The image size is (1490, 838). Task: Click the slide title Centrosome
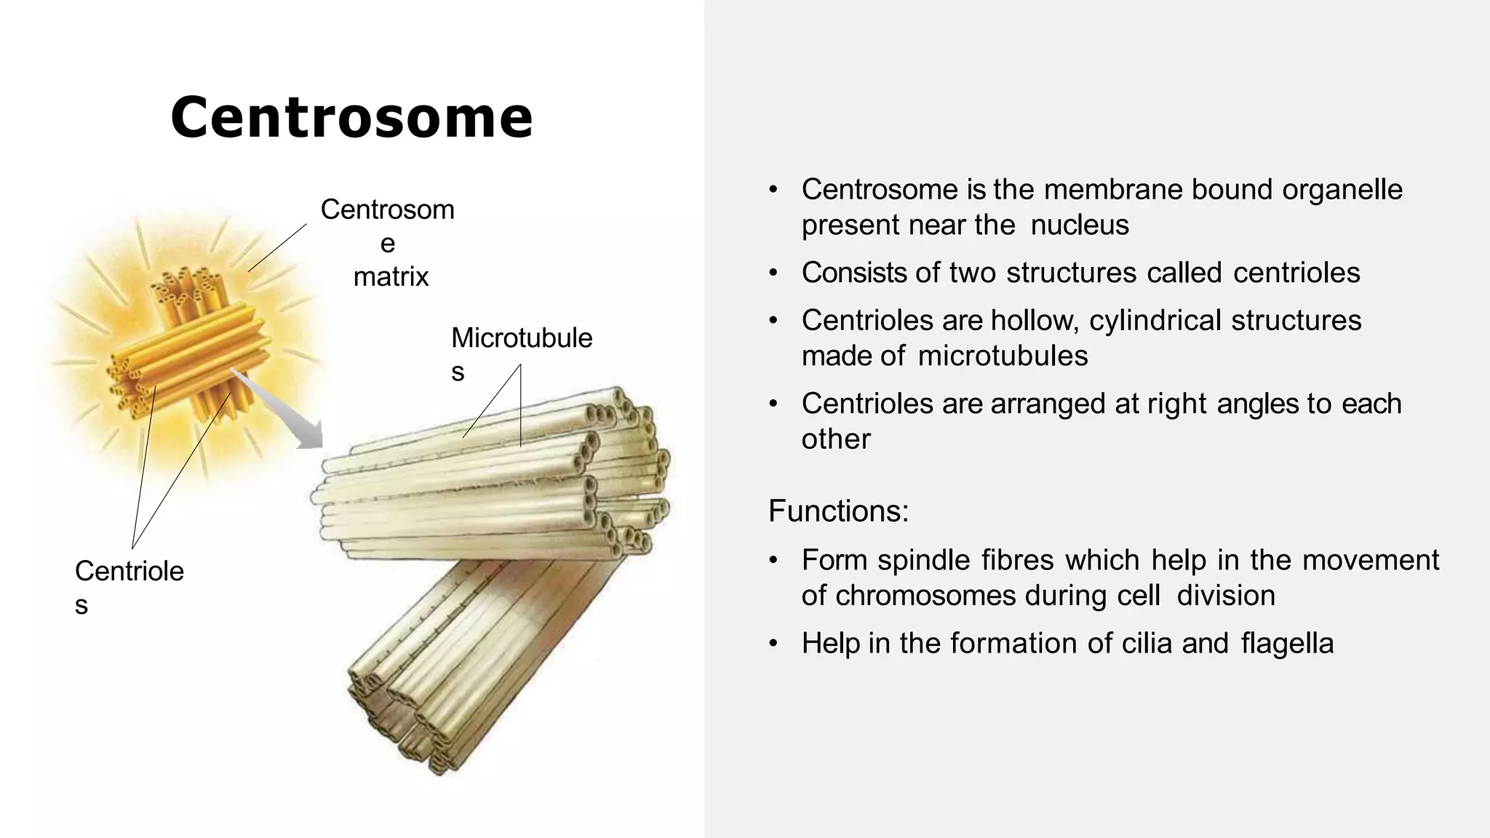point(351,118)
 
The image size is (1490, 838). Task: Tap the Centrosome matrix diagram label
point(388,243)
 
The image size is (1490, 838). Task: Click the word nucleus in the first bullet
point(1080,225)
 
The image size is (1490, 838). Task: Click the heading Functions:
point(838,511)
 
